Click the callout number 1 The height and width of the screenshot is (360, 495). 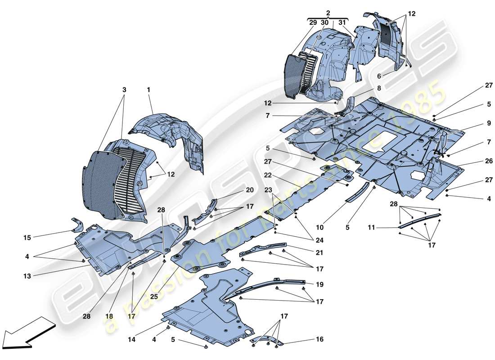(x=148, y=90)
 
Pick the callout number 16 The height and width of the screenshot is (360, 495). (x=319, y=339)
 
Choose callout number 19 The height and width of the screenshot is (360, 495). (x=319, y=284)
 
